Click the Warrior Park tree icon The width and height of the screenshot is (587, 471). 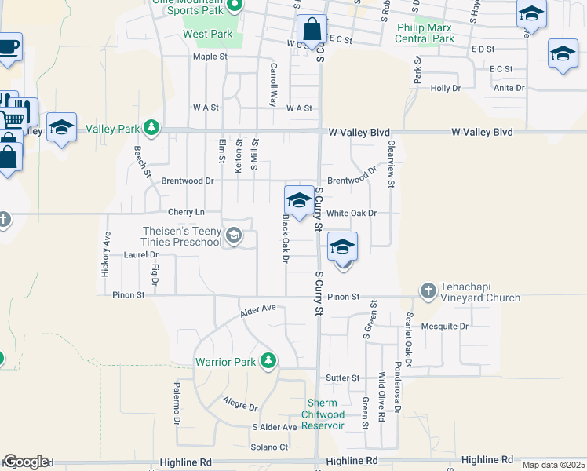[x=269, y=360]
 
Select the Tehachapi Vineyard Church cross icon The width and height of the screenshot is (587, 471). [x=428, y=290]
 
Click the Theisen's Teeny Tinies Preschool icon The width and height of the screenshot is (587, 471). [x=233, y=235]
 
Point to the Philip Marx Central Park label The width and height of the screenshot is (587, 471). [x=425, y=33]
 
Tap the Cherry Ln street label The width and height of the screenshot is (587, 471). [x=186, y=213]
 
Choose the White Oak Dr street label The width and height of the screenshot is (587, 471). [x=352, y=214]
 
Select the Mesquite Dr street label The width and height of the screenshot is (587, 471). [x=444, y=326]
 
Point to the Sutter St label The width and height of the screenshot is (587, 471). [x=342, y=378]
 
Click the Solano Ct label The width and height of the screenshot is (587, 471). [x=269, y=447]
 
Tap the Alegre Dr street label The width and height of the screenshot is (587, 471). [x=240, y=407]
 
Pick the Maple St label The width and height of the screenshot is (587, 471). [x=210, y=57]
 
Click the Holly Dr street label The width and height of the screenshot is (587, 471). [x=445, y=88]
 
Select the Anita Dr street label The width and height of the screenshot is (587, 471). [x=509, y=88]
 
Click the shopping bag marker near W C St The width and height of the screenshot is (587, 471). [x=312, y=31]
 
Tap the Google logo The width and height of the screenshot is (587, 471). [x=26, y=462]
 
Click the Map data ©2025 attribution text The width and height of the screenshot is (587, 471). [x=553, y=465]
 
